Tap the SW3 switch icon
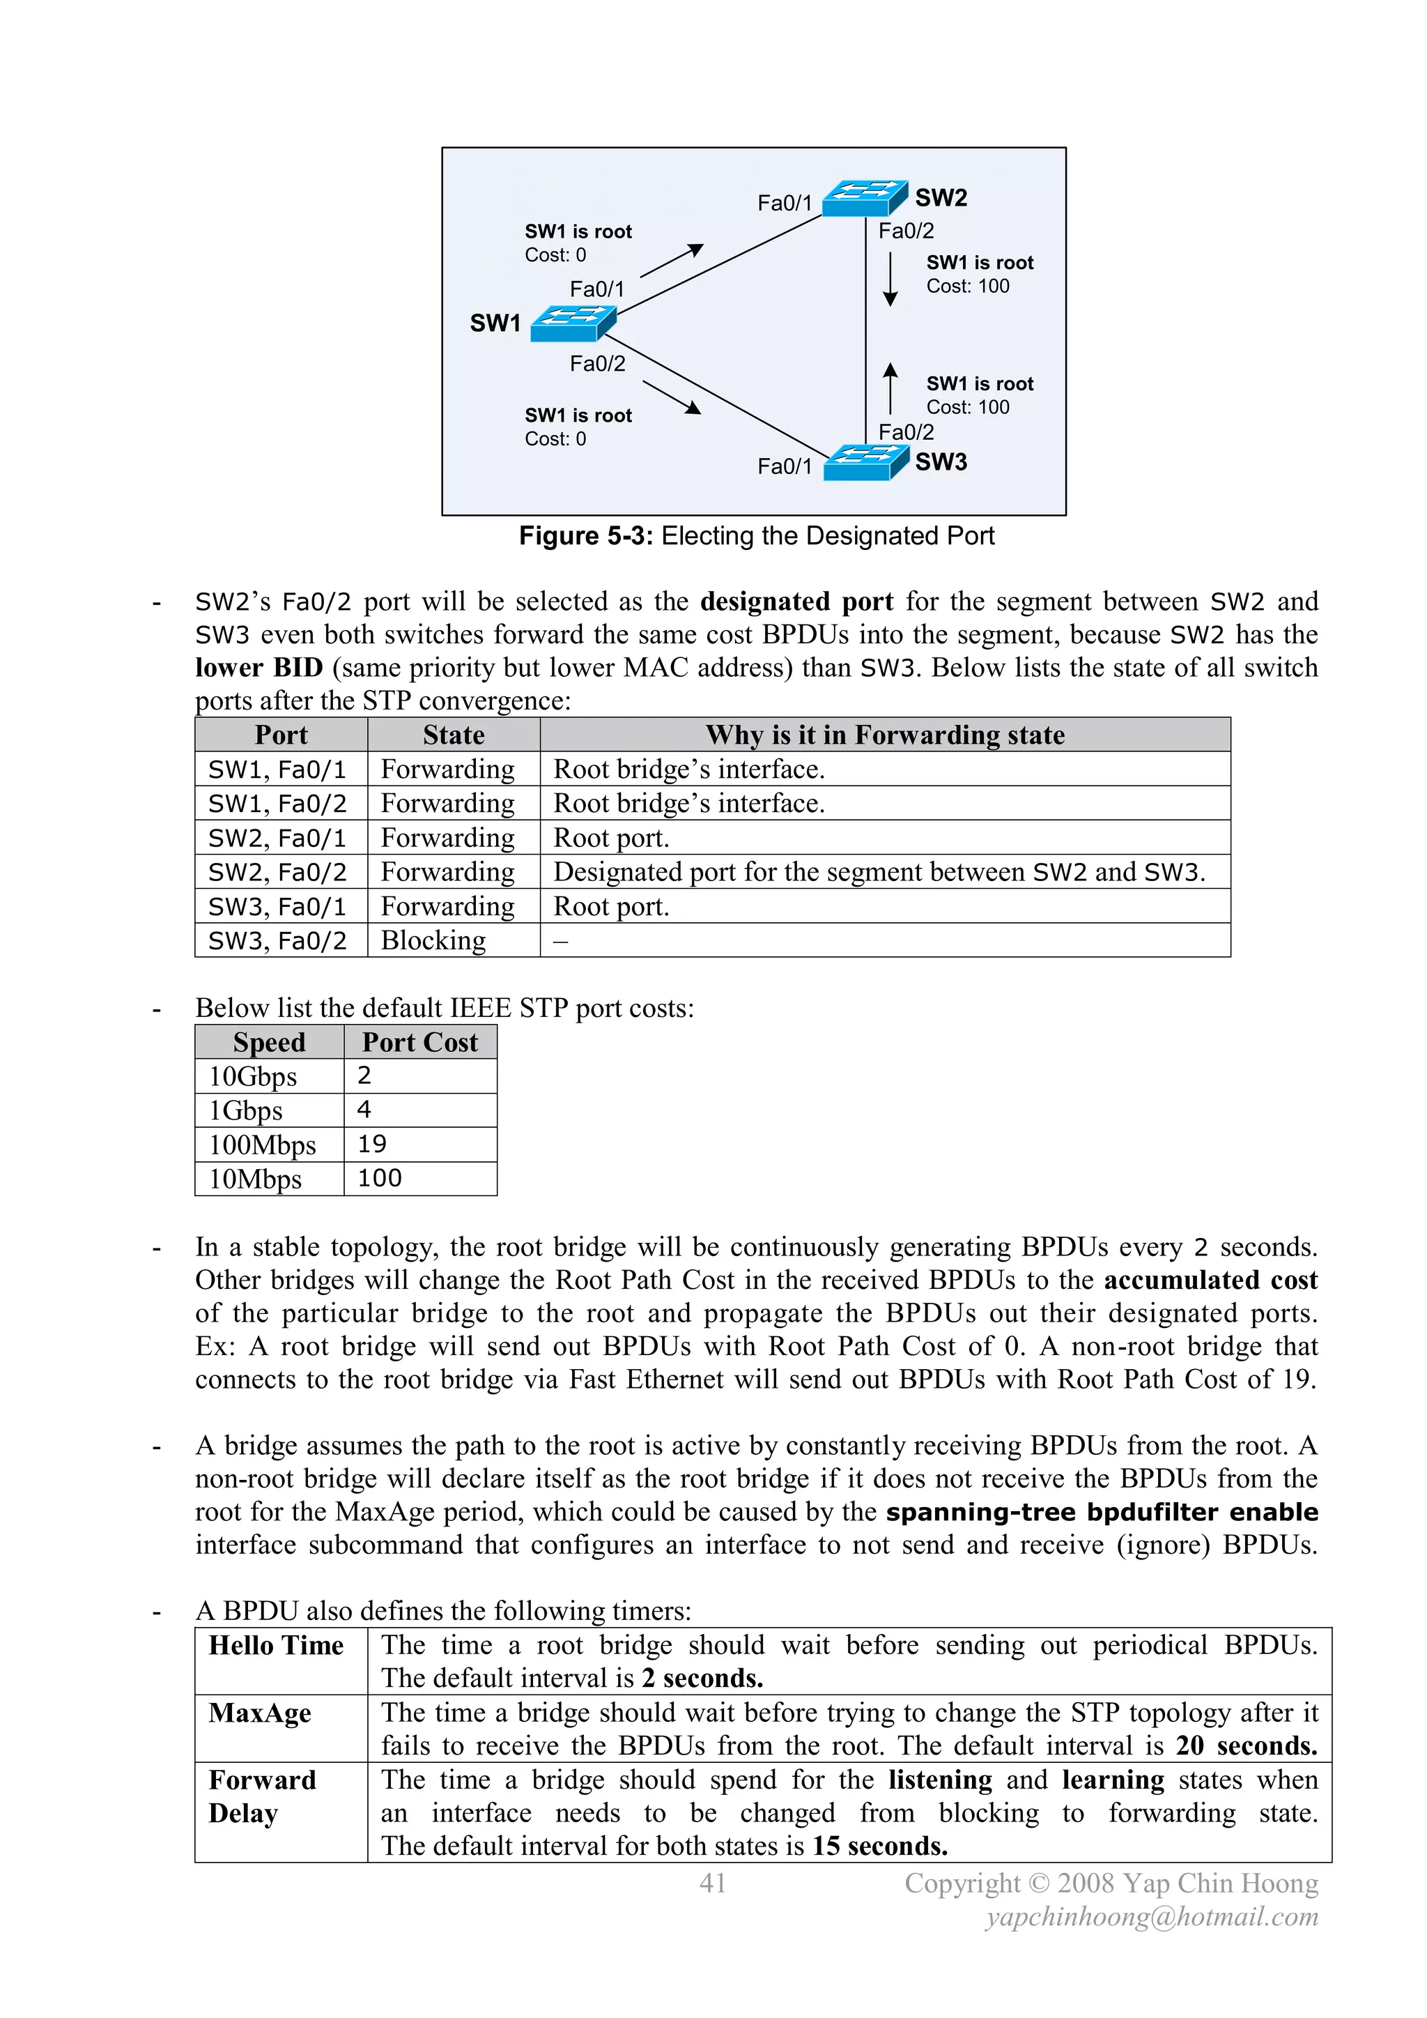(x=866, y=462)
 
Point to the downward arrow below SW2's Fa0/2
(x=890, y=280)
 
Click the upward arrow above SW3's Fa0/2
(x=890, y=388)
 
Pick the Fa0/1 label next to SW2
(x=785, y=203)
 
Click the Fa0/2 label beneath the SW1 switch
(x=598, y=364)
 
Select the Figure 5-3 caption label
(x=757, y=535)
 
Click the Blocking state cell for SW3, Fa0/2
(x=433, y=940)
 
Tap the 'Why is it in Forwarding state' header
(x=885, y=735)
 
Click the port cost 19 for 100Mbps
(x=373, y=1145)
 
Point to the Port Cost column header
(x=420, y=1042)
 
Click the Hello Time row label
(x=276, y=1645)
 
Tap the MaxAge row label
(x=260, y=1713)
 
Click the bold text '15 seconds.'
(x=879, y=1846)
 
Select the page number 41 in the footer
(x=713, y=1883)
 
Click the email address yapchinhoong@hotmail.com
(x=1152, y=1917)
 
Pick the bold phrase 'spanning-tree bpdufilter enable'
(x=1102, y=1512)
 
